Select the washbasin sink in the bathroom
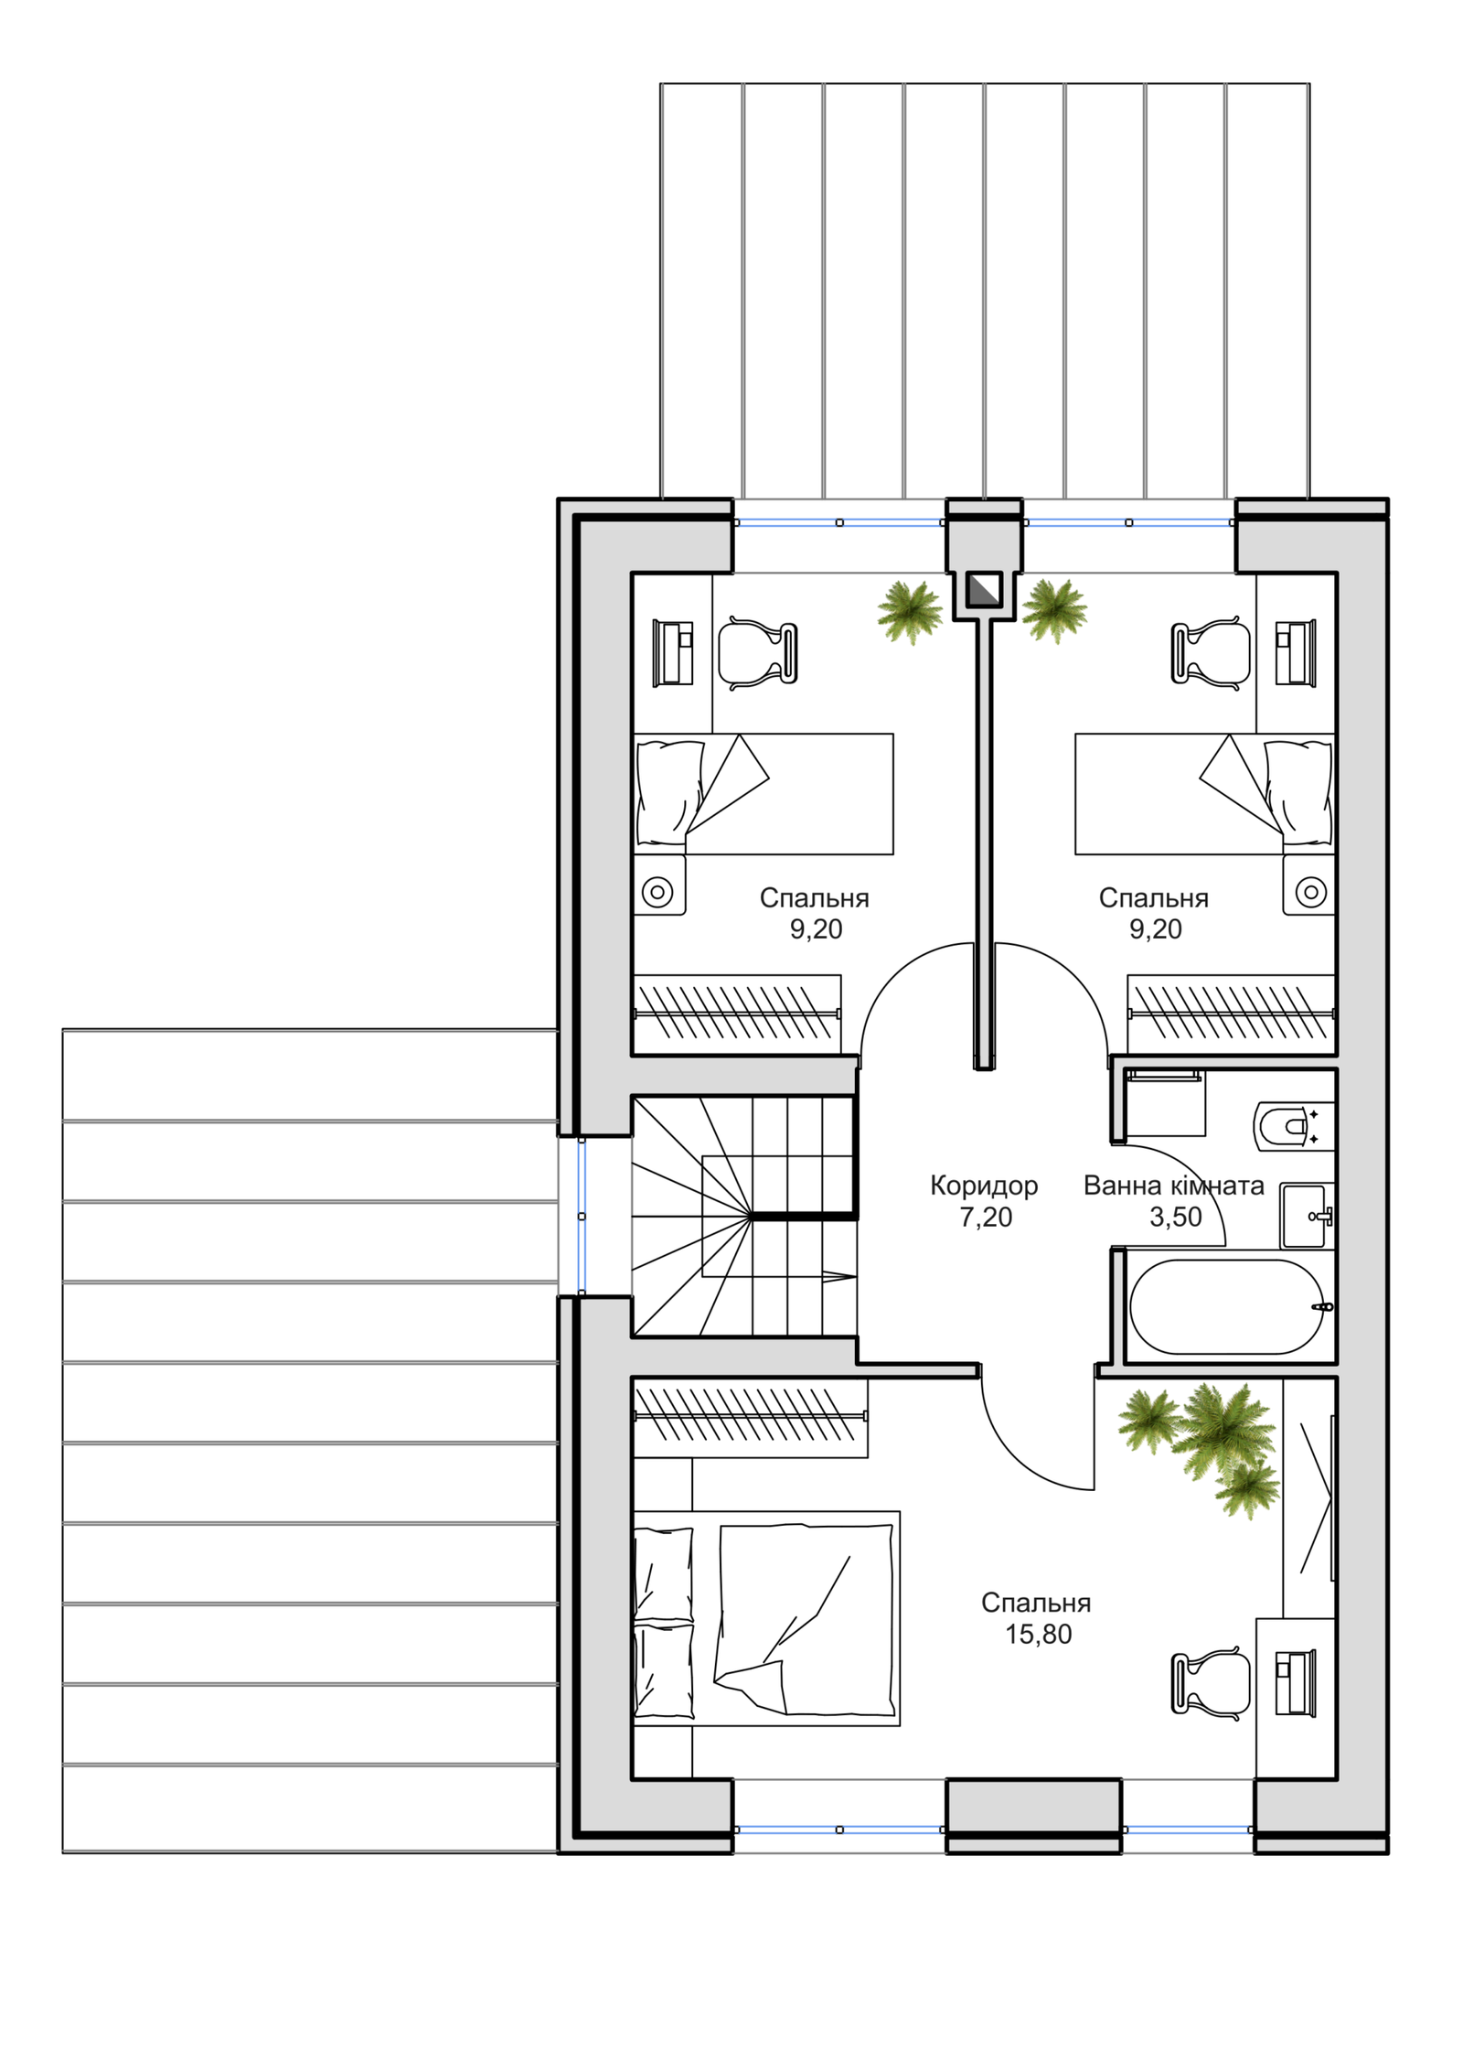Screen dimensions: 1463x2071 [1306, 1216]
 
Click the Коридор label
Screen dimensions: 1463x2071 [984, 1186]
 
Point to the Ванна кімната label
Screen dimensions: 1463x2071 [1174, 1186]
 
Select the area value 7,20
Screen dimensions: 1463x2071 [986, 1218]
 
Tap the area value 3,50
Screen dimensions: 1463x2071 [1176, 1218]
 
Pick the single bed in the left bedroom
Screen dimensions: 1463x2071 [764, 794]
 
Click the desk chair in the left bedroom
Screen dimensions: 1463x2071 [758, 653]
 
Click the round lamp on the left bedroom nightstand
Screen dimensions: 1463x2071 [657, 891]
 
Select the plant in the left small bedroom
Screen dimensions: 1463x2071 [910, 611]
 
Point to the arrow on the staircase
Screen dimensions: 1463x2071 [838, 1276]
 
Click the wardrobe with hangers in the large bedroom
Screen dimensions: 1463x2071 [750, 1418]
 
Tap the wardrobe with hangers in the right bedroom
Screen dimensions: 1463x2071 [1231, 1014]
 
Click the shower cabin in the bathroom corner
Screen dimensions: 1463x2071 [1166, 1102]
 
